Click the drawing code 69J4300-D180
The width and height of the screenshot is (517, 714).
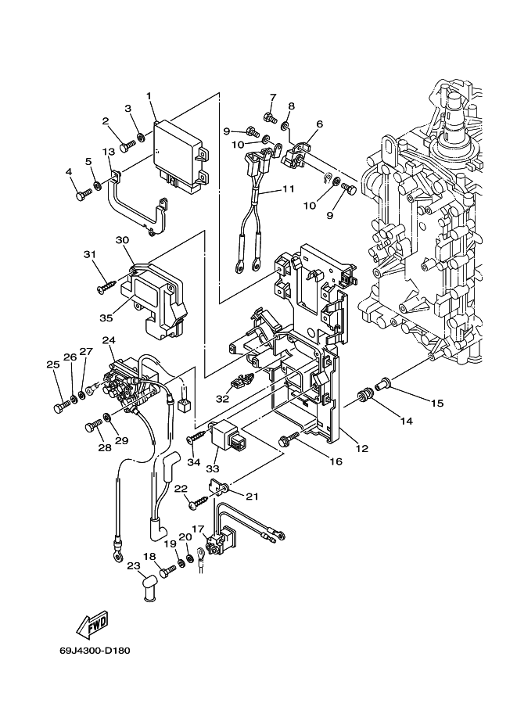click(x=95, y=650)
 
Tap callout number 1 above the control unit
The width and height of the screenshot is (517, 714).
click(x=149, y=95)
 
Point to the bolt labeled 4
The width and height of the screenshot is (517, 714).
click(x=84, y=195)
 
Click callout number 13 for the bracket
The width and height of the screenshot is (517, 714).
click(x=109, y=151)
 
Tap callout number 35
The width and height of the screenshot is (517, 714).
click(x=106, y=318)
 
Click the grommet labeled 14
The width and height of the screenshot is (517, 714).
click(x=364, y=394)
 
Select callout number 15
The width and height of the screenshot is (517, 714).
click(x=437, y=403)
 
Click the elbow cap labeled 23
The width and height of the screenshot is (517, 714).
click(x=148, y=589)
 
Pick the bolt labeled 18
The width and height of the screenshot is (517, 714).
click(x=167, y=569)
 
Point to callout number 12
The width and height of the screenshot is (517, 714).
click(x=361, y=449)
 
